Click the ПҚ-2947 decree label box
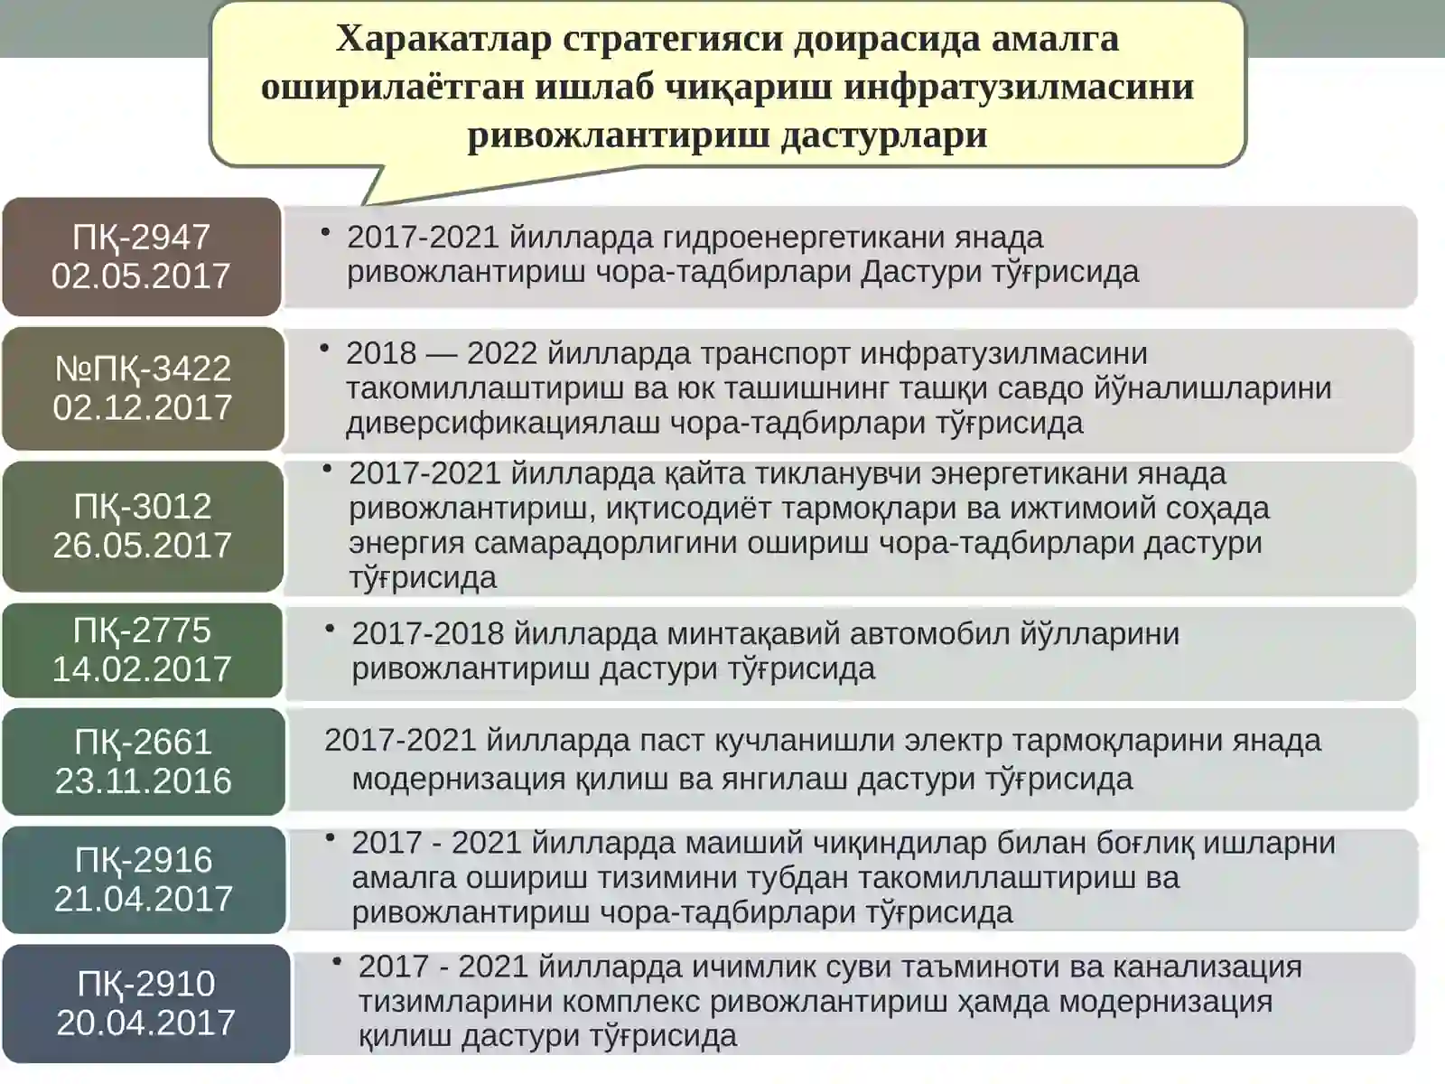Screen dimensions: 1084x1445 pyautogui.click(x=142, y=257)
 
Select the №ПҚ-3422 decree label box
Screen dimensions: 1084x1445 pyautogui.click(x=143, y=388)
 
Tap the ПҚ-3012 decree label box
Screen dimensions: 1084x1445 pyautogui.click(x=143, y=526)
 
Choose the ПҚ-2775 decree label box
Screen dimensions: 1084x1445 pyautogui.click(x=143, y=649)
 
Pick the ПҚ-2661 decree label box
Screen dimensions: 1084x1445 pyautogui.click(x=143, y=761)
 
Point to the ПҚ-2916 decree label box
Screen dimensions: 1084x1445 pyautogui.click(x=144, y=879)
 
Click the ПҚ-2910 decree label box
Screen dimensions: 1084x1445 pyautogui.click(x=145, y=1003)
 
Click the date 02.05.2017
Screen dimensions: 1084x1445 pyautogui.click(x=142, y=276)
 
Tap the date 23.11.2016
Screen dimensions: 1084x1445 pyautogui.click(x=144, y=780)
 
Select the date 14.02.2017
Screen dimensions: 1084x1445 pyautogui.click(x=142, y=668)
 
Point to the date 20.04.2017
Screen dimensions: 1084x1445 pyautogui.click(x=145, y=1022)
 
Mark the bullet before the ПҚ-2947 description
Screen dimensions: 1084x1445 pyautogui.click(x=325, y=232)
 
